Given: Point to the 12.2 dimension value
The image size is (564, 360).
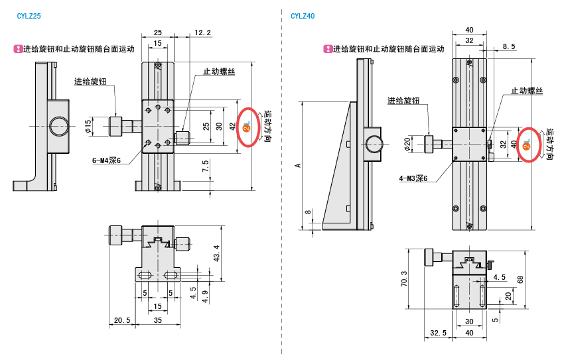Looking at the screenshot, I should point(203,32).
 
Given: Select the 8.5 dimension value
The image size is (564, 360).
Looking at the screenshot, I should point(509,46).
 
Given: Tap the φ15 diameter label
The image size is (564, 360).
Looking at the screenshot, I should point(88,125).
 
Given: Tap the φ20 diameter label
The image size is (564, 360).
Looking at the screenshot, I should point(408,143).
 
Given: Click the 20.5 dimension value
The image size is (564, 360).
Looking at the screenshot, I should point(121,321).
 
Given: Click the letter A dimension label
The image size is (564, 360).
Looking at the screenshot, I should point(298,166).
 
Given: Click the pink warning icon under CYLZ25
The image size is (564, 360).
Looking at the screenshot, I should point(18,48).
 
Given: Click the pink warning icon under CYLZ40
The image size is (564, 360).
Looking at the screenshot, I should point(327,48).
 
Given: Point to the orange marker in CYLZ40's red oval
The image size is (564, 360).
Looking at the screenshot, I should point(526,145).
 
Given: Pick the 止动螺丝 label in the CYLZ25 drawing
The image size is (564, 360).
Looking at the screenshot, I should point(220,72).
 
